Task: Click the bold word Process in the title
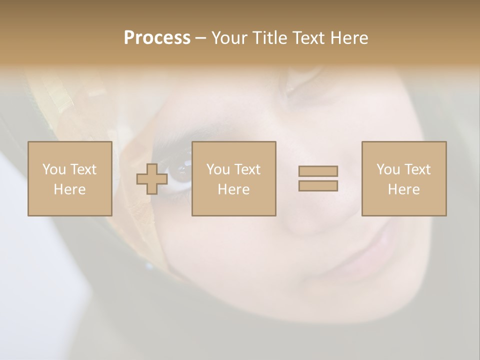157,38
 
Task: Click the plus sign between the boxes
152,179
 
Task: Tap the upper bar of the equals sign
318,171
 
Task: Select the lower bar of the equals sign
318,186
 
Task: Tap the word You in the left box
53,169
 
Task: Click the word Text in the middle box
247,169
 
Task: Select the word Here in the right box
403,189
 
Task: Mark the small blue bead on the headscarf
149,266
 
